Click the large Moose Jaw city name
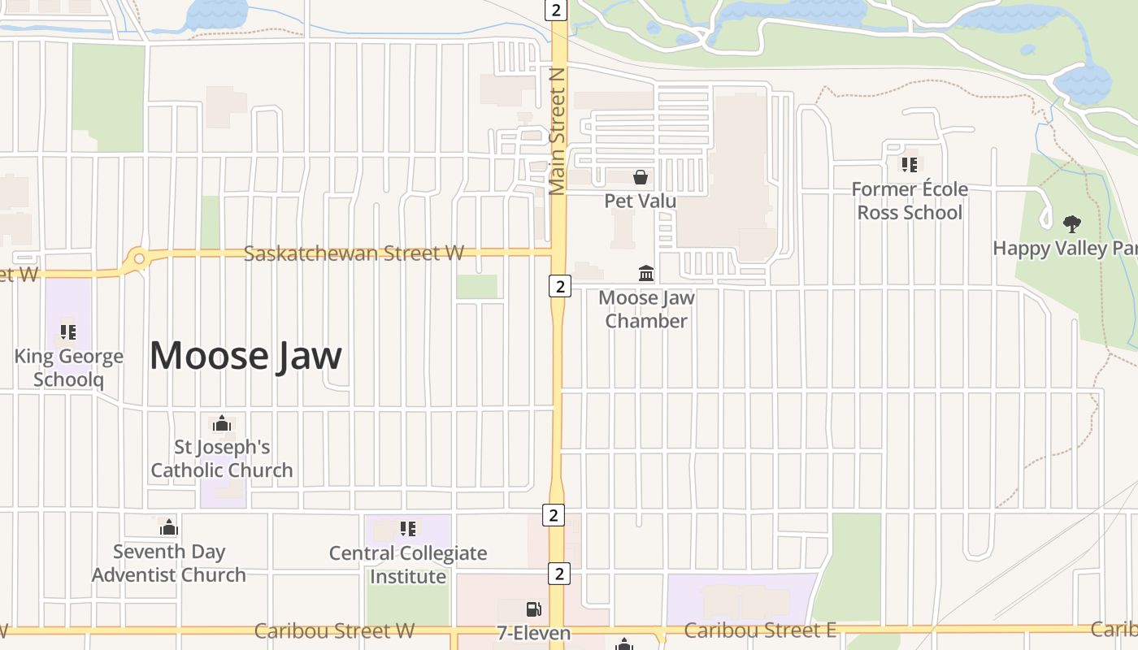(x=245, y=356)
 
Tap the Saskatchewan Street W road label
(x=354, y=253)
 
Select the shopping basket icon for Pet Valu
(x=641, y=176)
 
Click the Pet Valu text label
(x=641, y=200)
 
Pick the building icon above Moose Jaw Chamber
(x=646, y=273)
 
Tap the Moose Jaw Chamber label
(x=646, y=309)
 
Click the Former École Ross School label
(x=910, y=201)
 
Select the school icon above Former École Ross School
(x=909, y=165)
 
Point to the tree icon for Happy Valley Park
(x=1072, y=224)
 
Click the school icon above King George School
(x=67, y=331)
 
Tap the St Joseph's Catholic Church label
(x=222, y=458)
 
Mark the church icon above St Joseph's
(x=221, y=423)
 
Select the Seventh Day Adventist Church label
(x=168, y=563)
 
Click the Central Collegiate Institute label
(x=408, y=565)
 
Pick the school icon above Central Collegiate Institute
(x=408, y=529)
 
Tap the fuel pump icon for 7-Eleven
(x=533, y=609)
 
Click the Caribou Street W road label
(x=334, y=630)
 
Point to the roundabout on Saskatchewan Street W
(x=139, y=259)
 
